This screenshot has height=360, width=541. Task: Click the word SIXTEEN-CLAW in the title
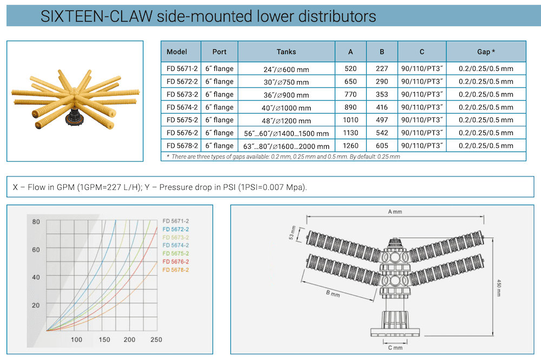coord(96,16)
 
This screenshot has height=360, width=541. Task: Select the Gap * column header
coord(486,52)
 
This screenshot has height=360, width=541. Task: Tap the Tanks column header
coord(286,52)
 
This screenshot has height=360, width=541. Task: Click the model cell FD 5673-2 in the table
coord(182,94)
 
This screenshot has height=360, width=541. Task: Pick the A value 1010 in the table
coord(350,120)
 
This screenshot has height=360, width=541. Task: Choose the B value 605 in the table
coord(381,146)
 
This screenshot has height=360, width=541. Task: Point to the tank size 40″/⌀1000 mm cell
coord(286,108)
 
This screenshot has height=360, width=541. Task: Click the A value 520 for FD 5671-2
coord(350,69)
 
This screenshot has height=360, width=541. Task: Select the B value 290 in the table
coord(381,81)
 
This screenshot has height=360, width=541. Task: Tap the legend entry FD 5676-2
coord(176,261)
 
